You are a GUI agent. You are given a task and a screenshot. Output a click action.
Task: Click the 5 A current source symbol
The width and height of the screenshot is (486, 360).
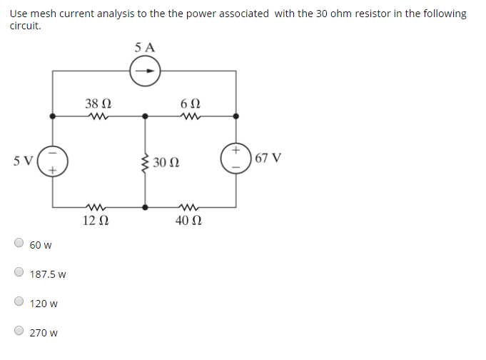[x=146, y=71]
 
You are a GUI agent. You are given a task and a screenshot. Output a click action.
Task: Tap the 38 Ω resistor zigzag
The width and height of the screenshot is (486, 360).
[x=96, y=115]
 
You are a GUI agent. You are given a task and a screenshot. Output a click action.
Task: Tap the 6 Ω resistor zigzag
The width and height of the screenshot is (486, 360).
[x=191, y=115]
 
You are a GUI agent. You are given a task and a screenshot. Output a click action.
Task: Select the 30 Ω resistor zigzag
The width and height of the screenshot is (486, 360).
[x=146, y=162]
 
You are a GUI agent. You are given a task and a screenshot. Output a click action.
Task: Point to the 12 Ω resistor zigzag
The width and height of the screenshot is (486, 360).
[x=96, y=207]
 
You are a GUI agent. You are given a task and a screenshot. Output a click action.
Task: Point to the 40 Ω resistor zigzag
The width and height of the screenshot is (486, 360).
[x=191, y=207]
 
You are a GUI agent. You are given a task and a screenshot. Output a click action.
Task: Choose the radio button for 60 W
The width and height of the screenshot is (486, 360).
[x=19, y=243]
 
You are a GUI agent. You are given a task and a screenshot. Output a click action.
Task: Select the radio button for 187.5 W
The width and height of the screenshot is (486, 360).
[x=19, y=272]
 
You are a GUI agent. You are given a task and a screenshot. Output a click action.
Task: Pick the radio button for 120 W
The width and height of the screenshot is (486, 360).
[x=19, y=301]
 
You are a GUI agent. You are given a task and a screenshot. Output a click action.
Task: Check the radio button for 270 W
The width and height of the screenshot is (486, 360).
[x=19, y=331]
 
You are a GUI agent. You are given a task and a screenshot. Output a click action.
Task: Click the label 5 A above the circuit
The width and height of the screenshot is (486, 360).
[x=144, y=48]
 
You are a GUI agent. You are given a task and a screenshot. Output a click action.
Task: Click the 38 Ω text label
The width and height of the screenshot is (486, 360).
[x=96, y=103]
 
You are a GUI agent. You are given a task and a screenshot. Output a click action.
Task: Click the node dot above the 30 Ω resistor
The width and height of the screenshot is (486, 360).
[x=146, y=115]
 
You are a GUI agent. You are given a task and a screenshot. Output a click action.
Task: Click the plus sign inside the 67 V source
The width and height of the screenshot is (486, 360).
[x=236, y=150]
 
